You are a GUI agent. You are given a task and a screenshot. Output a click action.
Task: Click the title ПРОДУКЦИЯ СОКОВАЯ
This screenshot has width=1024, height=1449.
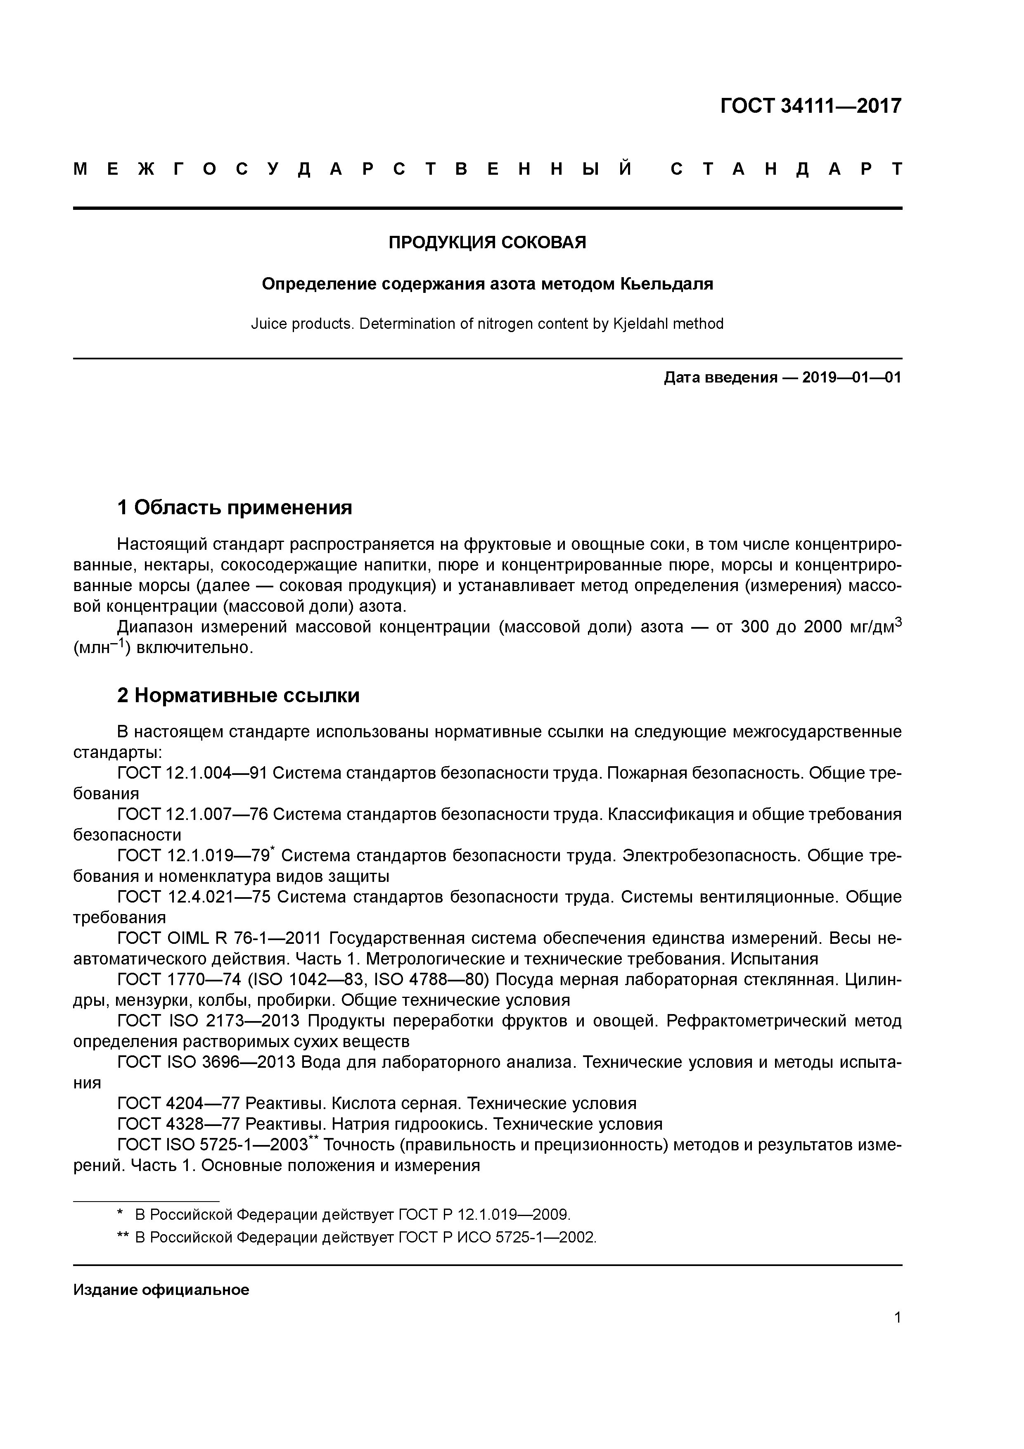coord(487,242)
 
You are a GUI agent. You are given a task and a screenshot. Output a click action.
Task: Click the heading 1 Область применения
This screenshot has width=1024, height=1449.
coord(234,507)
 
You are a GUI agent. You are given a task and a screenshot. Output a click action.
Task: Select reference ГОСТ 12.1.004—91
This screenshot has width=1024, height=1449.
coord(192,773)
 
